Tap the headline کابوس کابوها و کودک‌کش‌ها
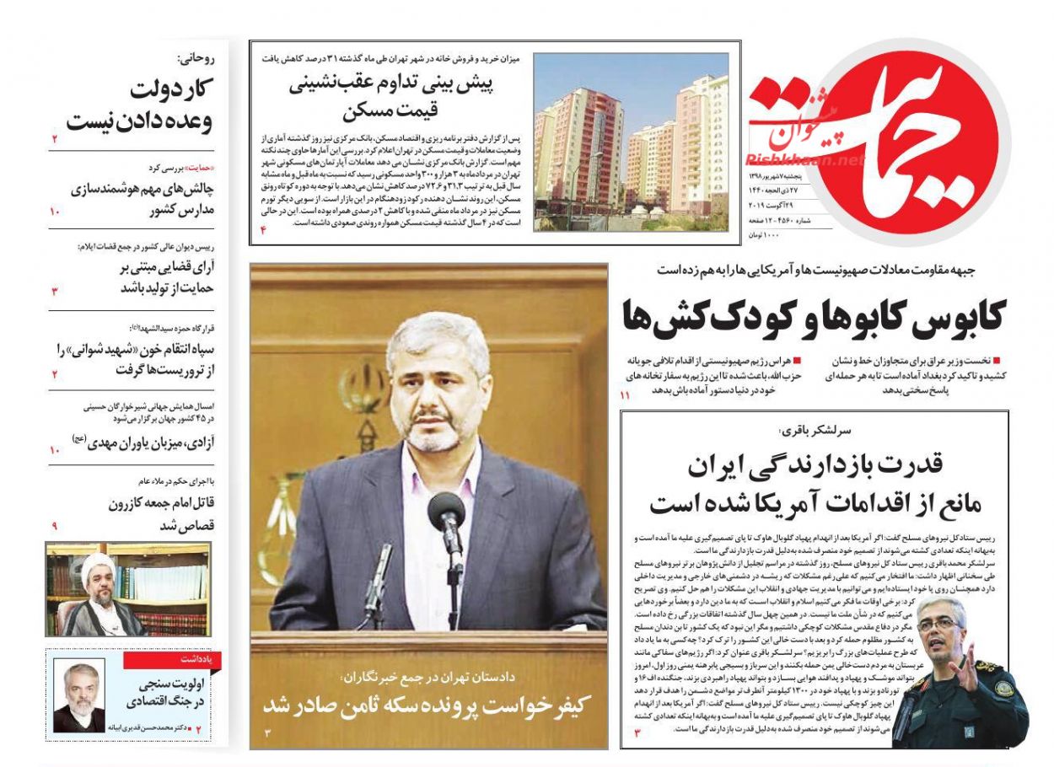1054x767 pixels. point(813,315)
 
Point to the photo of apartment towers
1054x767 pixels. point(631,142)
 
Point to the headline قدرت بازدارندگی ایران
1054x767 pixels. point(815,463)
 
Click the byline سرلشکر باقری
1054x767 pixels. point(815,429)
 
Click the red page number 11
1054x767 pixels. point(625,395)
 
